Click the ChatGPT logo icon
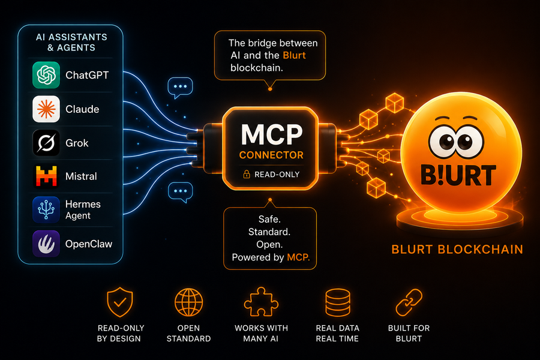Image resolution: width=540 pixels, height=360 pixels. click(46, 75)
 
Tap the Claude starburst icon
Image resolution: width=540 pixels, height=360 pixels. click(46, 109)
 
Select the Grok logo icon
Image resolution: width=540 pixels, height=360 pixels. click(46, 143)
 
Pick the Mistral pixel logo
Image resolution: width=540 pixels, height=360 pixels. click(46, 176)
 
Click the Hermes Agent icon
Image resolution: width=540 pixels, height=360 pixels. click(46, 210)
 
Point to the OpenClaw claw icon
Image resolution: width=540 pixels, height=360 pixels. click(46, 244)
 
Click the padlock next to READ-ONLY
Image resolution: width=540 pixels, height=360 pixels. click(247, 174)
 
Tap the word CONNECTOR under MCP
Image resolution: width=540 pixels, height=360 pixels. click(271, 155)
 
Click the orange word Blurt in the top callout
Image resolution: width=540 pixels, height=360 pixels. click(294, 55)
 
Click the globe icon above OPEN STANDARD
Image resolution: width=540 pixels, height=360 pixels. click(188, 302)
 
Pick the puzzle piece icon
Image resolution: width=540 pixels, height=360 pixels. click(261, 302)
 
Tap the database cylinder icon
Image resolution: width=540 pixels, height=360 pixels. click(337, 302)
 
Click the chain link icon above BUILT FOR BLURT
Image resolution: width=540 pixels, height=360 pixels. click(409, 302)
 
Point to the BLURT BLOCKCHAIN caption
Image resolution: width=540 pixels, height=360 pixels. click(457, 250)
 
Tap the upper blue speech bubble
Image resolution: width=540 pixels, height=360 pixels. click(180, 88)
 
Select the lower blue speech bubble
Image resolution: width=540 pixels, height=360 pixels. click(180, 192)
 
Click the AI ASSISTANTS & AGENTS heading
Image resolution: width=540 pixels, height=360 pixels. click(71, 42)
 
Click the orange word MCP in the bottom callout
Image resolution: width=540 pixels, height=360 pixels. click(298, 257)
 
